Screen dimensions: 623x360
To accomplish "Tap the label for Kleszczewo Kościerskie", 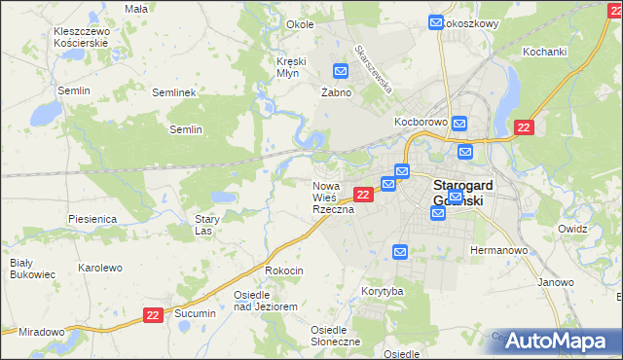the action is pos(82,38).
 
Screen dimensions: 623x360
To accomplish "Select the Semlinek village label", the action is pos(175,92).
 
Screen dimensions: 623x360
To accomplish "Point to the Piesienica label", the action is pos(92,219).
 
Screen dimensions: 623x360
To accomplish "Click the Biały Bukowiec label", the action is pos(21,270).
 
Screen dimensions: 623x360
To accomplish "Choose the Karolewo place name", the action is pos(99,267).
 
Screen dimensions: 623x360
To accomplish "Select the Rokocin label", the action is pos(284,270).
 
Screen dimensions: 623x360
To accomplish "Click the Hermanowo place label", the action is pos(498,250).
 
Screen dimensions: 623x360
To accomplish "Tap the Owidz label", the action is pos(572,229).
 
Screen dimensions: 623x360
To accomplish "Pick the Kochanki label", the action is pos(544,51).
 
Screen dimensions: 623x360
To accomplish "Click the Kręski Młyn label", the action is pos(291,67).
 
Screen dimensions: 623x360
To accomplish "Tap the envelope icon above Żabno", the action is pos(341,71).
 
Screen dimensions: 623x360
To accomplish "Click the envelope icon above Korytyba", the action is pos(400,252).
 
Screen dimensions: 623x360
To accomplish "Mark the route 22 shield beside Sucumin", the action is pos(153,314).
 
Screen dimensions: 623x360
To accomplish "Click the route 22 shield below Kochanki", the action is pos(524,127).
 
